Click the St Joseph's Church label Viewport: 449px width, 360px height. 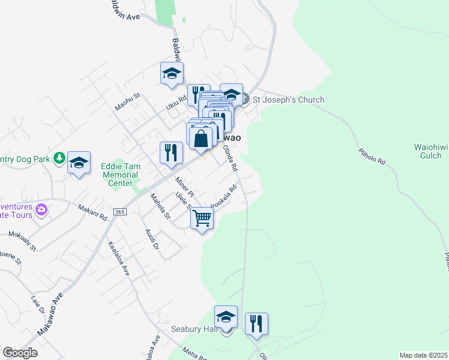pyautogui.click(x=288, y=100)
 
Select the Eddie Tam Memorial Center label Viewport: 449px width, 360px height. pyautogui.click(x=120, y=174)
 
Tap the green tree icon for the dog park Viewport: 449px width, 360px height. pyautogui.click(x=59, y=158)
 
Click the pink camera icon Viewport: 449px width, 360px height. pyautogui.click(x=41, y=209)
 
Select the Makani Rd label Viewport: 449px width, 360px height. pyautogui.click(x=92, y=211)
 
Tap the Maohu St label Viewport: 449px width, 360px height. pyautogui.click(x=127, y=102)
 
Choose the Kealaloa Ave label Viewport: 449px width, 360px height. pyautogui.click(x=118, y=259)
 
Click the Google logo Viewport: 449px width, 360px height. pyautogui.click(x=20, y=353)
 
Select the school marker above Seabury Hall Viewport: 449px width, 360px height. pyautogui.click(x=226, y=317)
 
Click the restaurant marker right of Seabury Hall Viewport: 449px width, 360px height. pyautogui.click(x=256, y=323)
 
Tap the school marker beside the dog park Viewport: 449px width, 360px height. pyautogui.click(x=79, y=163)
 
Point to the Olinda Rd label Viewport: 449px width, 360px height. pyautogui.click(x=230, y=158)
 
